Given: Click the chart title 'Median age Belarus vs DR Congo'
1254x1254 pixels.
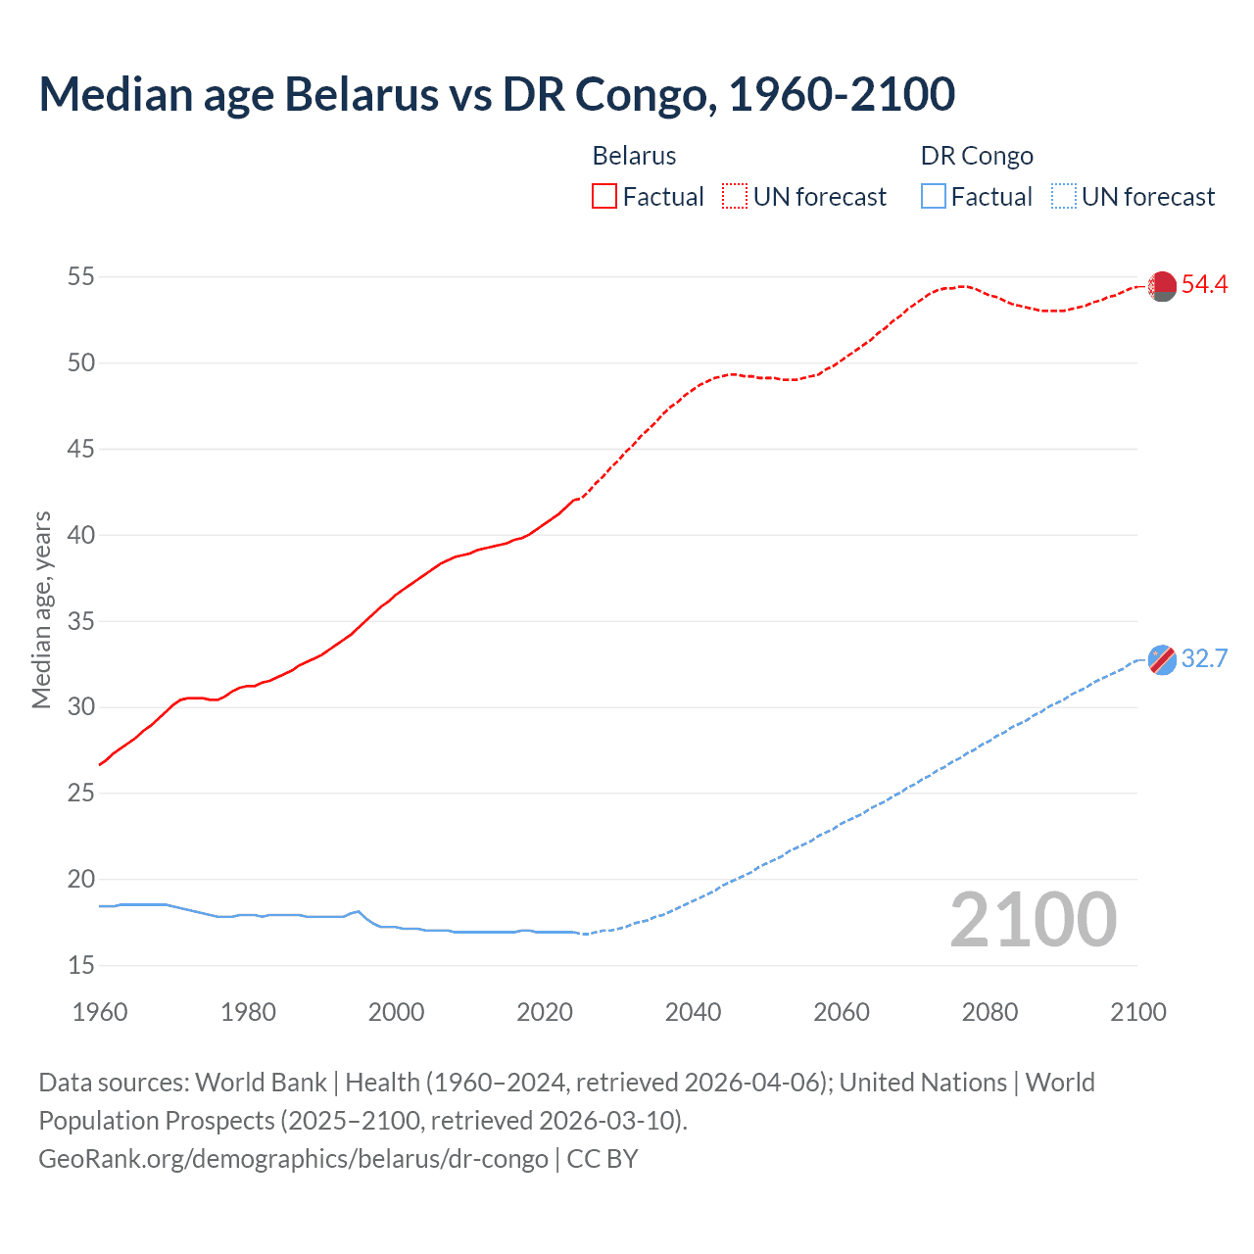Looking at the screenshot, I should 497,94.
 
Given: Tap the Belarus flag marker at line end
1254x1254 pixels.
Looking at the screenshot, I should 1162,286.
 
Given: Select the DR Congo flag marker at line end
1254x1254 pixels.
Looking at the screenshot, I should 1162,659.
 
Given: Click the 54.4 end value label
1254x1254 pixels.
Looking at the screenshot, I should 1204,285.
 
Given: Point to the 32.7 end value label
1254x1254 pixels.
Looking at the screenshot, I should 1204,658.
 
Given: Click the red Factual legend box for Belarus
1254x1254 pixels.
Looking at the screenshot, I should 604,197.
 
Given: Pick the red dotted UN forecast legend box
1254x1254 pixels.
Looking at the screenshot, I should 735,197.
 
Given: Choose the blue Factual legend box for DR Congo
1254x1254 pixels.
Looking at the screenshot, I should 934,197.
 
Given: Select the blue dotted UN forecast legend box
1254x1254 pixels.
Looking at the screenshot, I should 1064,197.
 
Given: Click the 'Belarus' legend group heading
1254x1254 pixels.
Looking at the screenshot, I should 634,156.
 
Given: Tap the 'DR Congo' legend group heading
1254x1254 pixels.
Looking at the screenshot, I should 977,156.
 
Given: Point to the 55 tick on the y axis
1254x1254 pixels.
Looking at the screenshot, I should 81,277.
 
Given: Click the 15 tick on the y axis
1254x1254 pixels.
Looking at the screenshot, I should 81,966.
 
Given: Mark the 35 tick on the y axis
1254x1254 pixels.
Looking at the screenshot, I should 81,621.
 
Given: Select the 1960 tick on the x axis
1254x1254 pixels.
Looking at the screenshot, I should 100,1012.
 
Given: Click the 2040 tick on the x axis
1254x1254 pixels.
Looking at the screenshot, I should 693,1012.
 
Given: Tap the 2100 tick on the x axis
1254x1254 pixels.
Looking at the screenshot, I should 1137,1012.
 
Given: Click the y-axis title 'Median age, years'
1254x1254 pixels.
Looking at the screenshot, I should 41,609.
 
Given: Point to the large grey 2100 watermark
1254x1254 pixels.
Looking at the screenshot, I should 1033,919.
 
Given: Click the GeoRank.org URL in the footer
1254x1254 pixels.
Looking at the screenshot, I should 293,1159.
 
